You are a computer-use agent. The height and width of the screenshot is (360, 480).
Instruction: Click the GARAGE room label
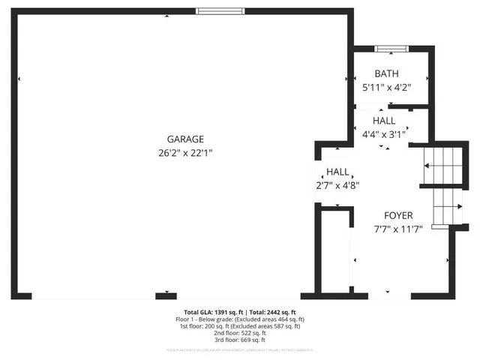(185, 139)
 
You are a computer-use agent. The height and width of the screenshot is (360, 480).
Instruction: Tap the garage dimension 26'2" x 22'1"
(185, 152)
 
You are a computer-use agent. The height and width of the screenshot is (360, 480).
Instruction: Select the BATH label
(387, 73)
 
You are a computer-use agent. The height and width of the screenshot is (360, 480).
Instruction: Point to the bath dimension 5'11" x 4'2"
(387, 87)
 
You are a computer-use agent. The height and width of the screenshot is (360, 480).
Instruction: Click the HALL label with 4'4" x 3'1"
(384, 121)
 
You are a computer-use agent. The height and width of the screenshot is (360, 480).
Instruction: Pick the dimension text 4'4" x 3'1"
(384, 134)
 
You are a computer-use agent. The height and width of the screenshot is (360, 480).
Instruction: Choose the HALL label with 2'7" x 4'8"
(337, 172)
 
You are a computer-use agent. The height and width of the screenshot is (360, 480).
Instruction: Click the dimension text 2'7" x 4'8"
(337, 184)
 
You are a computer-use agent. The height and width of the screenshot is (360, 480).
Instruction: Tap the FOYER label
(399, 215)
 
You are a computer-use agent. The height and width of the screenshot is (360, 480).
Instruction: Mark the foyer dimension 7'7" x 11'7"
(399, 229)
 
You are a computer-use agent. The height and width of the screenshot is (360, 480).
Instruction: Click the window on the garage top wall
(220, 10)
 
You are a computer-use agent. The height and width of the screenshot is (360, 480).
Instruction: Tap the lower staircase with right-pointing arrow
(448, 206)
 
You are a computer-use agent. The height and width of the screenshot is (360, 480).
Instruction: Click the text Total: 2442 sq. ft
(273, 312)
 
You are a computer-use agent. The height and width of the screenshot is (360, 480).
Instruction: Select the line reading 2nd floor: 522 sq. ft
(240, 333)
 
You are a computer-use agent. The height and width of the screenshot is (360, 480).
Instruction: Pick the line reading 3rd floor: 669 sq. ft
(240, 340)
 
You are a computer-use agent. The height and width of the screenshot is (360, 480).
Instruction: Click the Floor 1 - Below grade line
(240, 319)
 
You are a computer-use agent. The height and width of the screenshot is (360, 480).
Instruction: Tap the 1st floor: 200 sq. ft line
(240, 326)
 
